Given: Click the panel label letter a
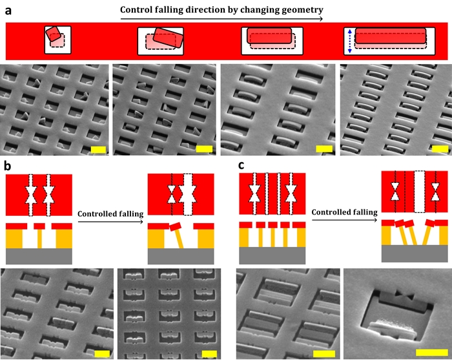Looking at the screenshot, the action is click(x=8, y=11).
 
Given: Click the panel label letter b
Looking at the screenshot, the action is click(x=8, y=166).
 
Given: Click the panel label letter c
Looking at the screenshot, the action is click(x=241, y=165).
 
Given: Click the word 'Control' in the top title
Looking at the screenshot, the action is click(x=134, y=10).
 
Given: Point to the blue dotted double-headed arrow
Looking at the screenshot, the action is click(x=350, y=41).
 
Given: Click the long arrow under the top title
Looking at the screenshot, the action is click(x=221, y=19).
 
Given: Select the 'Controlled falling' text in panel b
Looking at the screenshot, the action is click(x=110, y=214).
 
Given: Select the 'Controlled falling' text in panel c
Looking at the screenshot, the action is click(x=344, y=212).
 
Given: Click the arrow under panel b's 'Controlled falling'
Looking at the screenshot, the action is click(x=110, y=222).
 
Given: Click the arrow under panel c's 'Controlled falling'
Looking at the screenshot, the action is click(x=344, y=220).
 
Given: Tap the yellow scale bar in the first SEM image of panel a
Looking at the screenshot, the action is click(x=98, y=150).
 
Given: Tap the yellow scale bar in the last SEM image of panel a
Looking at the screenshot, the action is click(x=440, y=149).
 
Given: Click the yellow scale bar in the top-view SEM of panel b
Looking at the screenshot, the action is click(x=209, y=354).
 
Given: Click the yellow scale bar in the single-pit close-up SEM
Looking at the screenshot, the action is click(x=432, y=352).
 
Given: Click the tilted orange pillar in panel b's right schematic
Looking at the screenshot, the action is click(x=179, y=239).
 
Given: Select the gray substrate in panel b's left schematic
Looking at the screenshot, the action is click(x=39, y=256).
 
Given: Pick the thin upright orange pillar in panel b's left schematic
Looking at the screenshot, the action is click(x=39, y=238).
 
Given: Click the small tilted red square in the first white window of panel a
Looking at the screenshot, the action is click(x=54, y=34).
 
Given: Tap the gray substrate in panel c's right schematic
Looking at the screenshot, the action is click(x=415, y=253).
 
